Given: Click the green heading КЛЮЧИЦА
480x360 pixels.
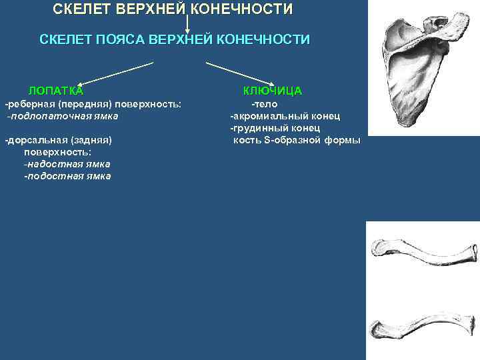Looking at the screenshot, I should [273, 91].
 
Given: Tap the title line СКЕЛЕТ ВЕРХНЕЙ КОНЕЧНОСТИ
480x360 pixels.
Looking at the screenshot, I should [173, 10].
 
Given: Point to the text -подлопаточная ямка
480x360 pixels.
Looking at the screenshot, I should [63, 116].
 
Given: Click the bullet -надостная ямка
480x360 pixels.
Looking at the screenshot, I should [67, 163].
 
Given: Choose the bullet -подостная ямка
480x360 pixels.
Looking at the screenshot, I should [67, 176].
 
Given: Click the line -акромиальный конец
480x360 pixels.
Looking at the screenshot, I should [285, 116].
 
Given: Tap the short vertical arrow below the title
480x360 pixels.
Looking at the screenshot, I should [188, 24].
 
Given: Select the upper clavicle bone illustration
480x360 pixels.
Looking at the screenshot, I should [423, 257].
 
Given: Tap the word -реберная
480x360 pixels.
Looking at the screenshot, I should [27, 104].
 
